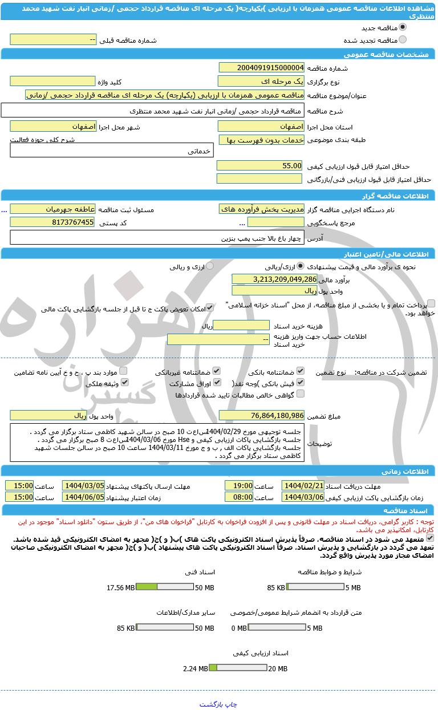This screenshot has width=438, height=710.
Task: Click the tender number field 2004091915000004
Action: click(x=261, y=68)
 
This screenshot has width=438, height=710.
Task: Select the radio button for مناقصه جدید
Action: click(x=403, y=27)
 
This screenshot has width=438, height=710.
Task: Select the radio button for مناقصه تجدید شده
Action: click(x=403, y=40)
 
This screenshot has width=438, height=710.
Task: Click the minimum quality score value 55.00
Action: click(x=259, y=165)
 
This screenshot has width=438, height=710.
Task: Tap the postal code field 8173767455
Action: click(x=52, y=222)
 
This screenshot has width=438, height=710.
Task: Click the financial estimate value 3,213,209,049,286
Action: click(x=274, y=279)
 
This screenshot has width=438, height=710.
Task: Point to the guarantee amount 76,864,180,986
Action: click(x=261, y=415)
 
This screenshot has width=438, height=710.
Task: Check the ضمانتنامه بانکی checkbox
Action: click(x=301, y=371)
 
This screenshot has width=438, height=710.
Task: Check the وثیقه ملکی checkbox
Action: click(x=123, y=383)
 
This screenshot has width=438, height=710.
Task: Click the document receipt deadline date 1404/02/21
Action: click(x=303, y=485)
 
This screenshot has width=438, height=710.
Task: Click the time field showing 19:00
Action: click(x=239, y=485)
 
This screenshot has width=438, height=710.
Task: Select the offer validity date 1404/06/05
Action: click(x=83, y=497)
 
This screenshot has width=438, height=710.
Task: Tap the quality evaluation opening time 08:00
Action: click(x=239, y=497)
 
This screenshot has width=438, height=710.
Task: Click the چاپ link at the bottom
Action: click(x=230, y=704)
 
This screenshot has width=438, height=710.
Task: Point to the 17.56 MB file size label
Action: click(x=121, y=588)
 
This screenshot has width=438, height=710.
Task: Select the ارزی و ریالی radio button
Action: click(x=210, y=266)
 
